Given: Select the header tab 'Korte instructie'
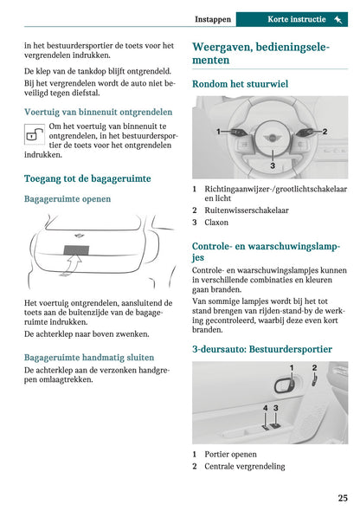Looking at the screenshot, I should coord(296,19).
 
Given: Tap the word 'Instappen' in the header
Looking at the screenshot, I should coord(212,19).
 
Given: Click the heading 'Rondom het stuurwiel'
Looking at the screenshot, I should coord(240,84).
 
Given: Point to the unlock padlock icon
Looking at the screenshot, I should coord(35,133).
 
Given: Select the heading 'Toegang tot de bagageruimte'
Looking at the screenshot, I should coord(87,178).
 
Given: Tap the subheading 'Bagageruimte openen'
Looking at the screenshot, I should coord(67,198).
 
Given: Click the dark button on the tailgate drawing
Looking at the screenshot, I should coord(75,253).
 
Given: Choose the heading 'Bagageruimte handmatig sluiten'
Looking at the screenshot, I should coord(89,357).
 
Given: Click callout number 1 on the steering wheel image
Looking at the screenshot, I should coord(218,132).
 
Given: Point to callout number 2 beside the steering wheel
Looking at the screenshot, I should coord(325,132).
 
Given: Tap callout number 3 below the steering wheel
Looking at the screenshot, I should coord(272,165).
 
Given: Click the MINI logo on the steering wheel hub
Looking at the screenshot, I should coord(272,137).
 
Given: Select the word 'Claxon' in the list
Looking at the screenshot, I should coord(217,223).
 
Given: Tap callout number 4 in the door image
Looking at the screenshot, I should coord(265,407).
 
